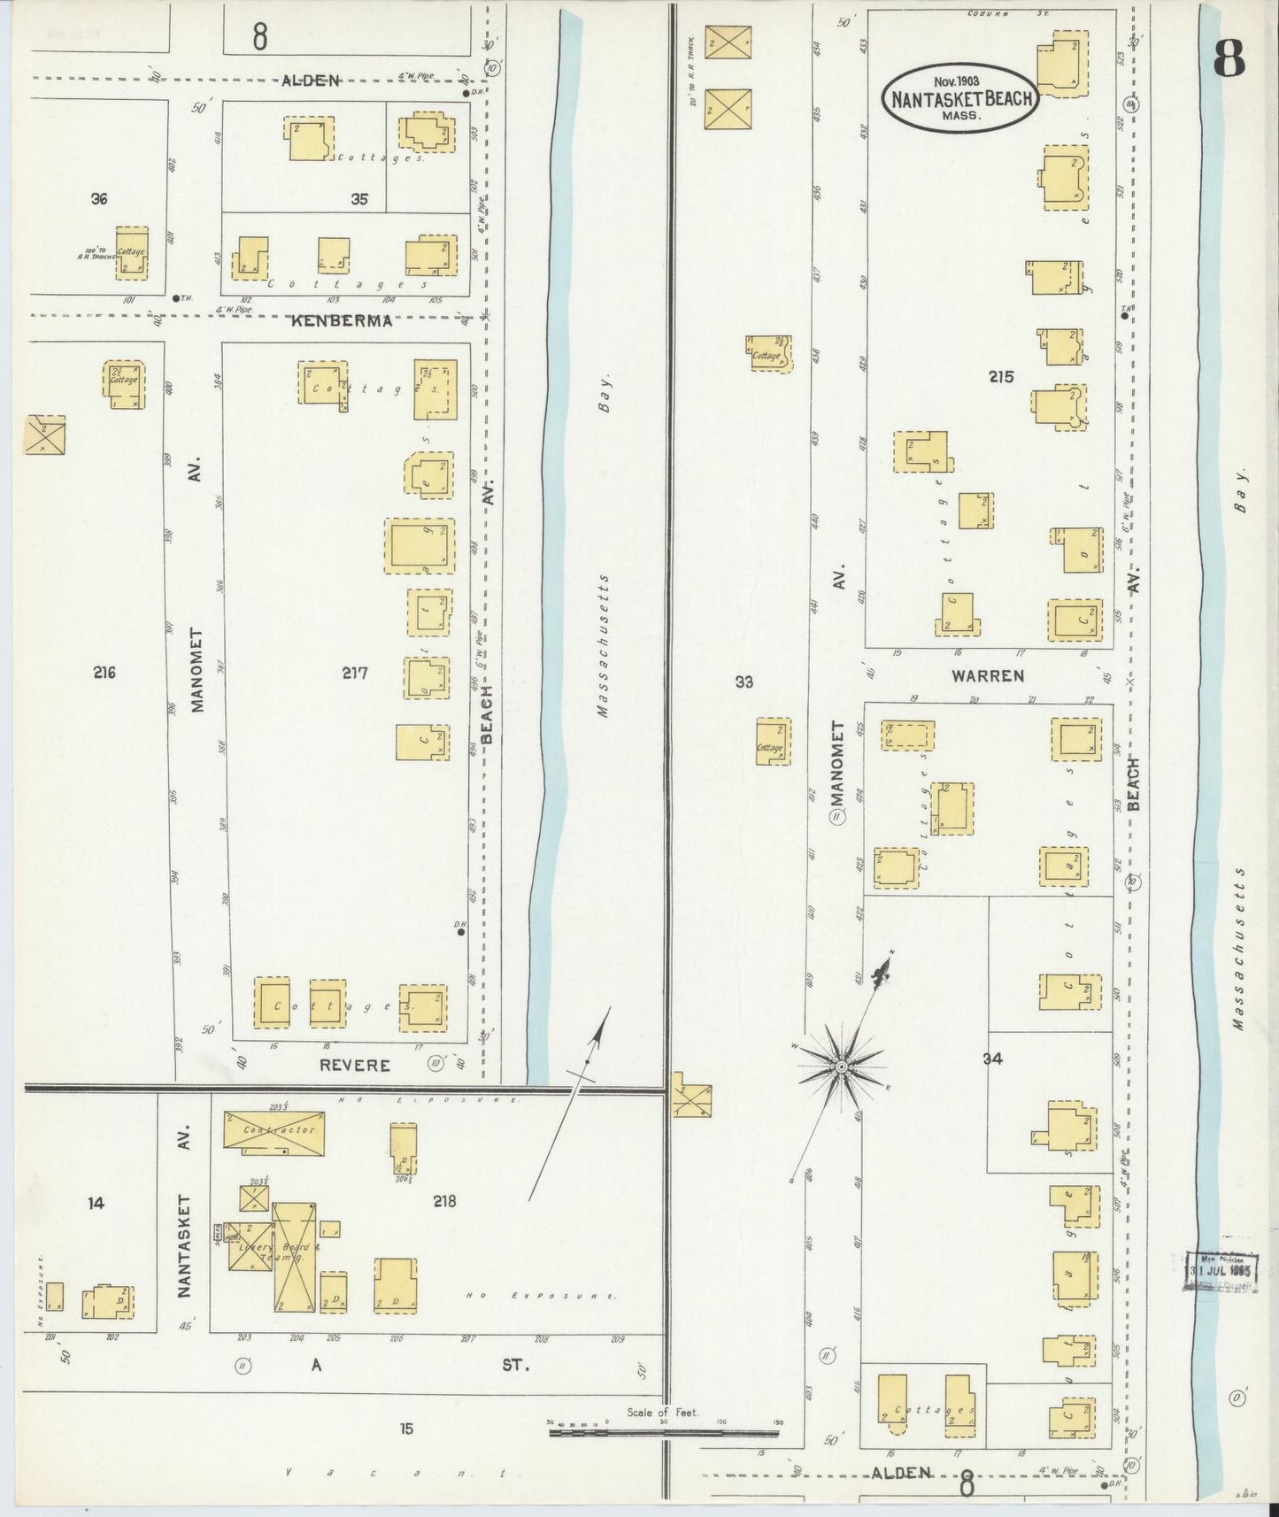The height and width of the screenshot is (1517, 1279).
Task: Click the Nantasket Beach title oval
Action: point(960,98)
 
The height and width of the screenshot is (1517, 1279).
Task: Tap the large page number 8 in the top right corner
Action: point(1229,58)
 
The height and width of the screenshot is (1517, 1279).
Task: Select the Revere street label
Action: point(354,1065)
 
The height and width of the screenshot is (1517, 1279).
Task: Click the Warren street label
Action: point(988,676)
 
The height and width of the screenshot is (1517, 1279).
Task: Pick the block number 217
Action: point(355,673)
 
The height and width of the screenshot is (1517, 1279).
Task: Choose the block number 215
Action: point(1001,377)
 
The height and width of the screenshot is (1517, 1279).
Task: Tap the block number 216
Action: point(104,673)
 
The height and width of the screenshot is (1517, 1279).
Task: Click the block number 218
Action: point(444,1201)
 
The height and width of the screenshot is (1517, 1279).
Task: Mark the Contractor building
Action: point(273,1133)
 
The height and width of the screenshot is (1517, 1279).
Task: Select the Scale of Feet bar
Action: point(665,1431)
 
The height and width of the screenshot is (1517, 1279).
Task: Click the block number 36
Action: point(99,199)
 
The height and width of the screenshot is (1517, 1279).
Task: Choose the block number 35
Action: point(358,199)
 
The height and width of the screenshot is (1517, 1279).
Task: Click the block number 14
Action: point(96,1203)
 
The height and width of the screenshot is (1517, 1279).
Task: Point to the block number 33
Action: point(744,681)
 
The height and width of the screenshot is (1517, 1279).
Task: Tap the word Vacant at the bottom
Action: point(398,1473)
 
